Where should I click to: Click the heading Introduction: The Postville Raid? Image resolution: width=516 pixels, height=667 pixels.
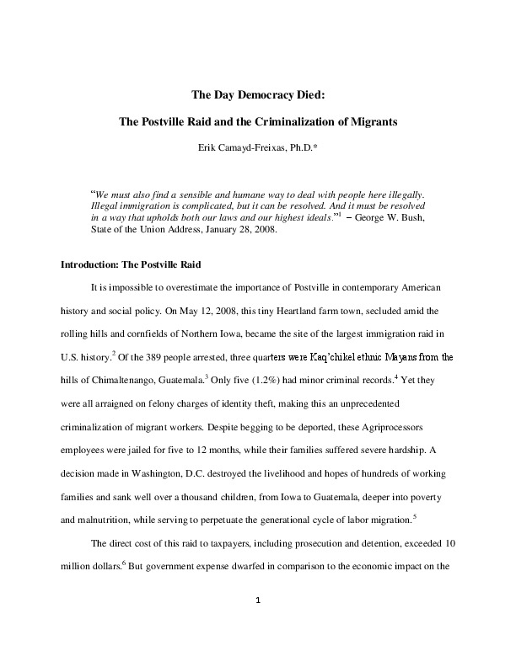click(x=128, y=264)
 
